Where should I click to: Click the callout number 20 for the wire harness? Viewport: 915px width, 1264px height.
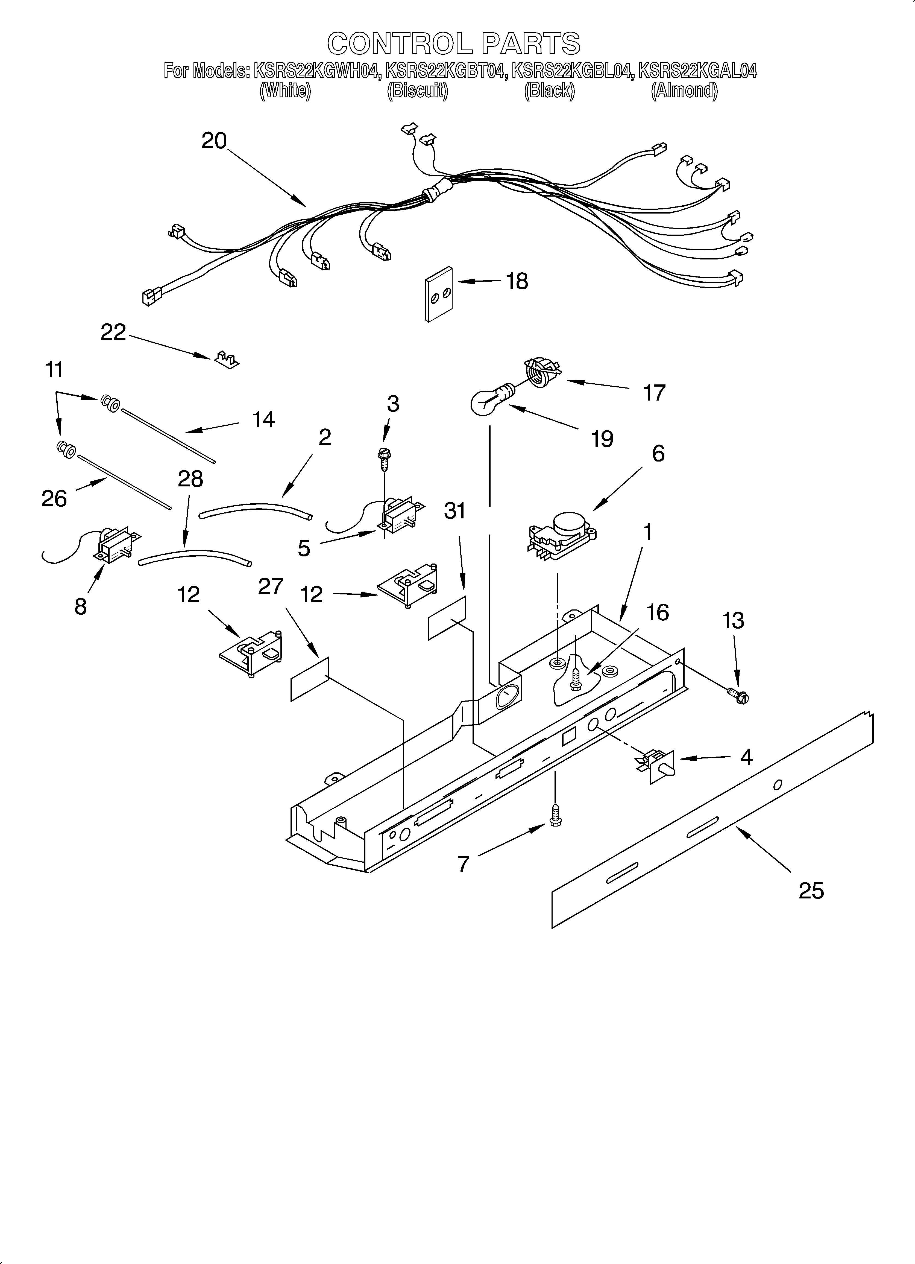click(214, 141)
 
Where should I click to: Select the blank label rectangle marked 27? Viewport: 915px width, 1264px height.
click(310, 678)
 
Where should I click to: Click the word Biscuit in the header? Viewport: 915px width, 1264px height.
click(417, 90)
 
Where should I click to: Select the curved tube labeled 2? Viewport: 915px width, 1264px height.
click(255, 509)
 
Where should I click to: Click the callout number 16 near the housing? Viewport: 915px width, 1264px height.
click(658, 612)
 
